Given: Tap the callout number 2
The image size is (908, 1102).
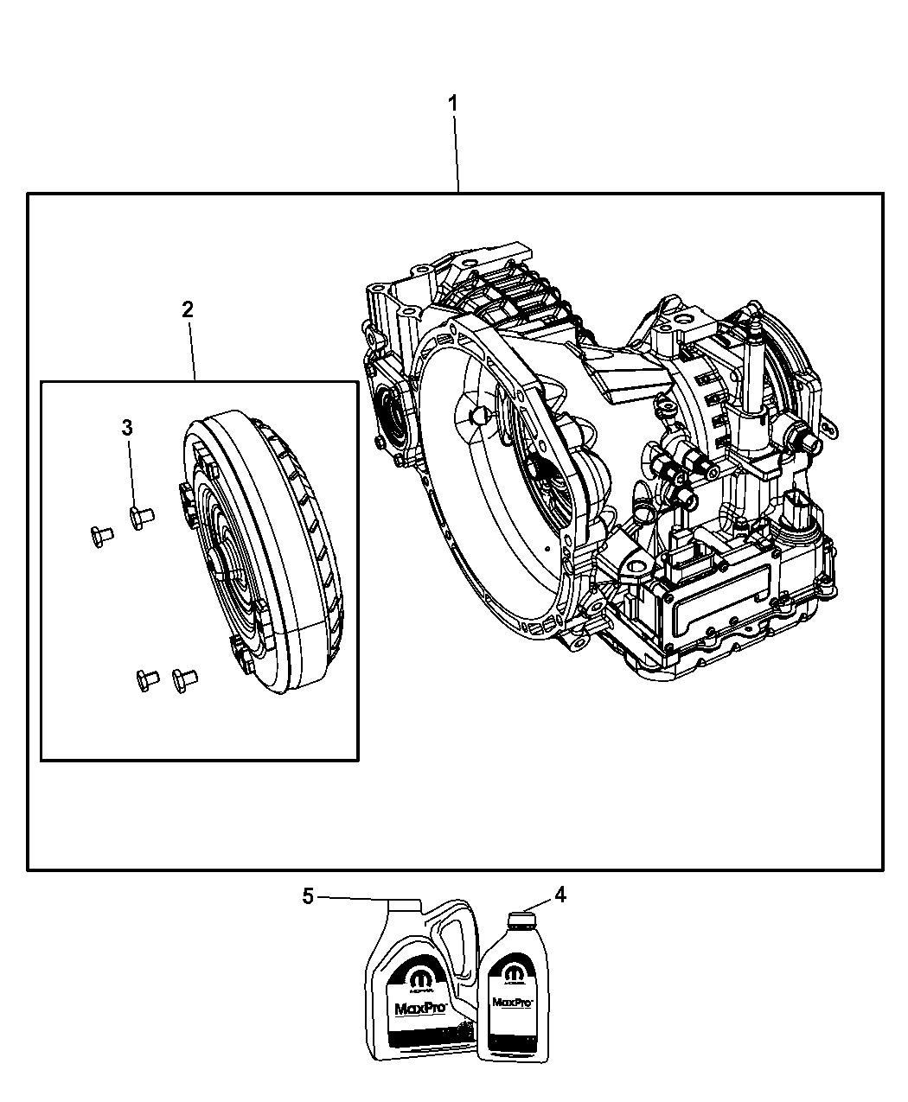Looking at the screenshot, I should [x=188, y=310].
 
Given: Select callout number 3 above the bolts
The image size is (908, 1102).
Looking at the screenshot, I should [x=127, y=427].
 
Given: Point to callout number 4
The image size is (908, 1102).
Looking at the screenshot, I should [x=560, y=895].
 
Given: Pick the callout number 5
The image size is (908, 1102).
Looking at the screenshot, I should [x=307, y=896].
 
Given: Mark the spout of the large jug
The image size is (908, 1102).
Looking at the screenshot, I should [x=403, y=904].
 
